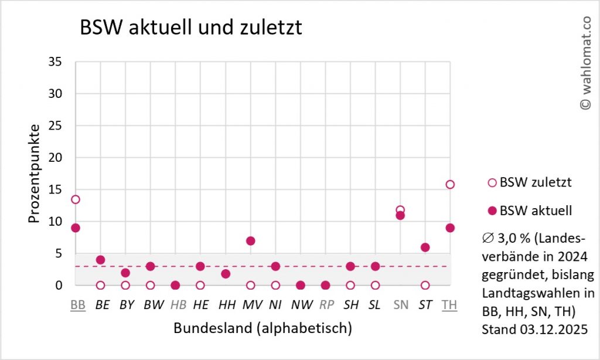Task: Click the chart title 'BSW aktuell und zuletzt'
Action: pos(191,28)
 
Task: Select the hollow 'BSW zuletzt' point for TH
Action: pos(450,184)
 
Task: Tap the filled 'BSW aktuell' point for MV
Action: pos(251,240)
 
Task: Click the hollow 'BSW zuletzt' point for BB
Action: pos(76,199)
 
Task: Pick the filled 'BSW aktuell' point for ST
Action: pos(425,247)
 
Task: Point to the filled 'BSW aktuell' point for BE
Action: pos(100,260)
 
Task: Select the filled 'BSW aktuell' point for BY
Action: pos(125,273)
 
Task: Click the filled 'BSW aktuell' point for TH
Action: pos(450,227)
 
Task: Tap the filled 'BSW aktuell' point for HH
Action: pos(226,274)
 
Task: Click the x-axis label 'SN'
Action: pos(401,305)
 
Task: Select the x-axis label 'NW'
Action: pos(301,305)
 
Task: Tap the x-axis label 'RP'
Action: pos(326,305)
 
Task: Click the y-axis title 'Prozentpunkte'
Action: pos(35,174)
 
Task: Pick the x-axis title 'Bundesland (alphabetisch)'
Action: pos(262,328)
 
